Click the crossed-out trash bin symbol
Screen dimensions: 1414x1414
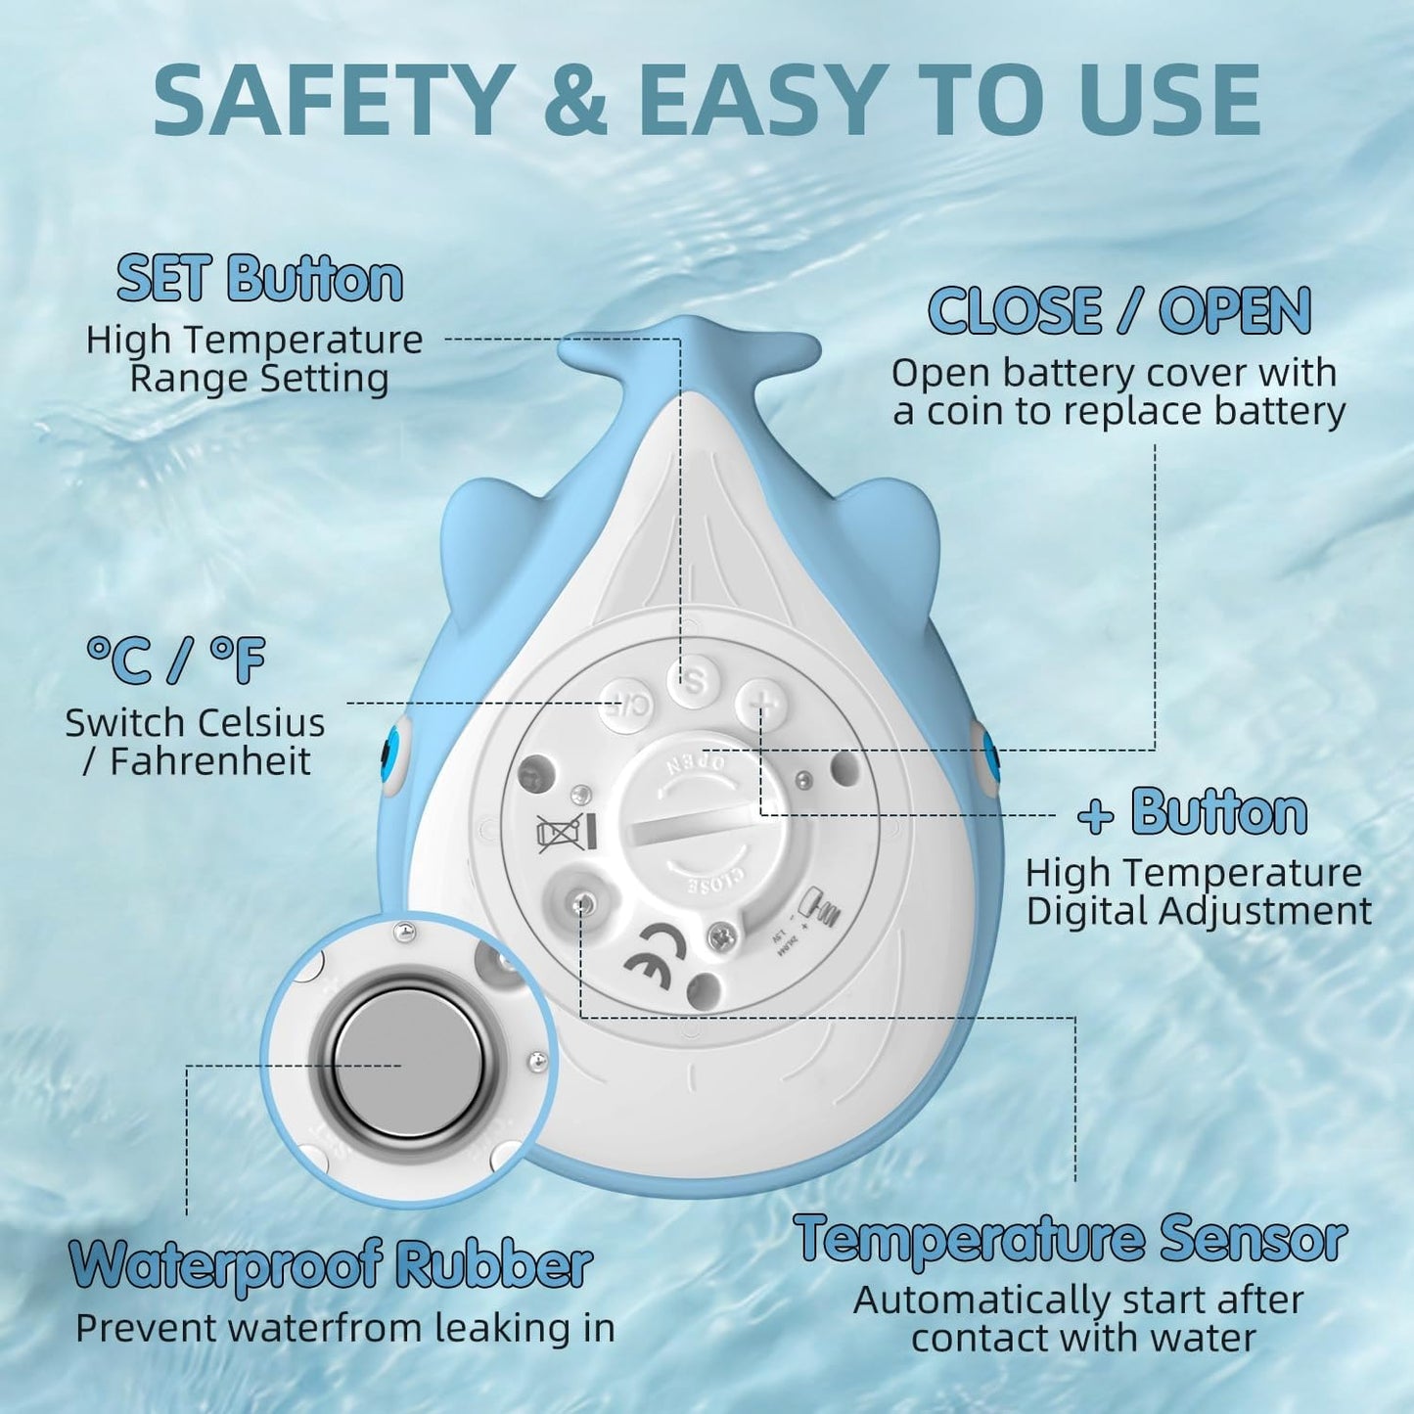click(566, 834)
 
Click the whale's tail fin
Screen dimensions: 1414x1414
click(688, 349)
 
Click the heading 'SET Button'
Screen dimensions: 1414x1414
click(259, 280)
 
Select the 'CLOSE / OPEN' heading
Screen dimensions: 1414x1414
click(1119, 310)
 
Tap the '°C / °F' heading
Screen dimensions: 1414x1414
click(175, 661)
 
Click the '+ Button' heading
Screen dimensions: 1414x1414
click(1193, 812)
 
